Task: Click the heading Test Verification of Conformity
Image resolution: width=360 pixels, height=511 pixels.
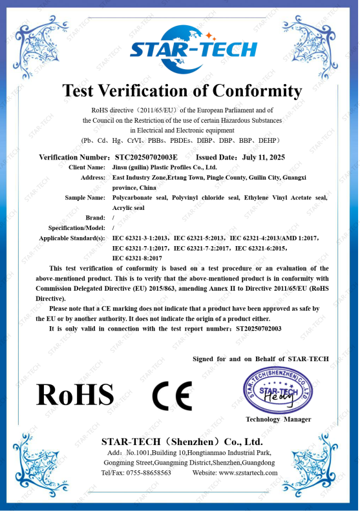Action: [182, 90]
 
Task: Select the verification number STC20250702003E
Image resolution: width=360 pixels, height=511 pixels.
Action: [145, 157]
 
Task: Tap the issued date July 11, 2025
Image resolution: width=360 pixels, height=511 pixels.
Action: [263, 157]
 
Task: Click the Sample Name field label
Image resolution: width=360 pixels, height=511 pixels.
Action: [85, 198]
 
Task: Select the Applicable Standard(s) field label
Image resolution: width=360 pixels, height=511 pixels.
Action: [72, 238]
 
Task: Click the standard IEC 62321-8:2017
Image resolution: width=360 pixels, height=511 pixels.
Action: [137, 258]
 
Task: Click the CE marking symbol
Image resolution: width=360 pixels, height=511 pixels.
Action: [172, 396]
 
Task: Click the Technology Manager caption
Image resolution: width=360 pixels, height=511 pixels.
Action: [278, 419]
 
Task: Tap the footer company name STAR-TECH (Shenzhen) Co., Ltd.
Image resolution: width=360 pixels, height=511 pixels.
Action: [182, 442]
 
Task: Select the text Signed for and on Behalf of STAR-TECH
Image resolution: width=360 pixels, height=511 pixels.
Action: [260, 359]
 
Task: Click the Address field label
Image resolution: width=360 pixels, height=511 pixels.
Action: [93, 178]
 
